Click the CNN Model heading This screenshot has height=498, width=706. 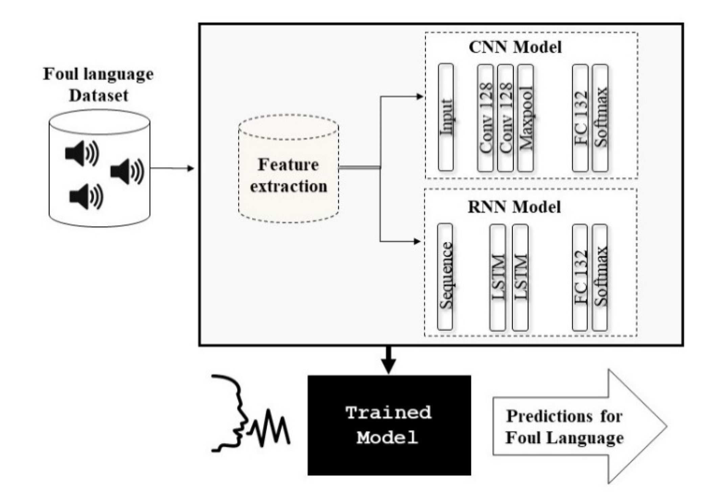[x=515, y=47]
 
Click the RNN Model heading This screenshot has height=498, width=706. [x=514, y=207]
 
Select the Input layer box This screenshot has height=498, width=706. [x=446, y=117]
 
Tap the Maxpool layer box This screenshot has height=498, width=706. [x=526, y=118]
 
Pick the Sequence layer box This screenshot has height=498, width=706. [x=445, y=277]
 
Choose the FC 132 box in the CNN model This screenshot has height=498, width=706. [x=580, y=118]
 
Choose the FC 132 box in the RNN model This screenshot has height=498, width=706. [x=580, y=277]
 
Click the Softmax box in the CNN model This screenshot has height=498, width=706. [x=600, y=118]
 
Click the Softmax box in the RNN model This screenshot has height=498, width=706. [x=600, y=277]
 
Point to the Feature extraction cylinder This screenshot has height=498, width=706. [x=289, y=169]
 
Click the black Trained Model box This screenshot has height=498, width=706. [x=389, y=425]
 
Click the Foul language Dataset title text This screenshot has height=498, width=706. [x=98, y=85]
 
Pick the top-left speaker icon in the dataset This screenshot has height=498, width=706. [x=82, y=153]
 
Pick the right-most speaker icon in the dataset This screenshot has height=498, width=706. [x=127, y=171]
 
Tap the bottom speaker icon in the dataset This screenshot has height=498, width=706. [x=86, y=196]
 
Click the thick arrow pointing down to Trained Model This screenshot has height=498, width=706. [x=389, y=360]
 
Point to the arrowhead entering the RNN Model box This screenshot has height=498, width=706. [x=417, y=241]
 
